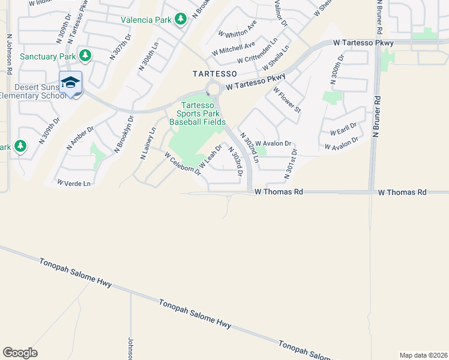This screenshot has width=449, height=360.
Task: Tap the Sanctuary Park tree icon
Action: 86,56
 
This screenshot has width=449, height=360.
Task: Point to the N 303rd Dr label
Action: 235,161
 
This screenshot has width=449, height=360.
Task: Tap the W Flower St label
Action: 287,100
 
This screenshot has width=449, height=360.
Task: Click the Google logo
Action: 20,353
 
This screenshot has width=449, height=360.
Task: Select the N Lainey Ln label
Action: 148,143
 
